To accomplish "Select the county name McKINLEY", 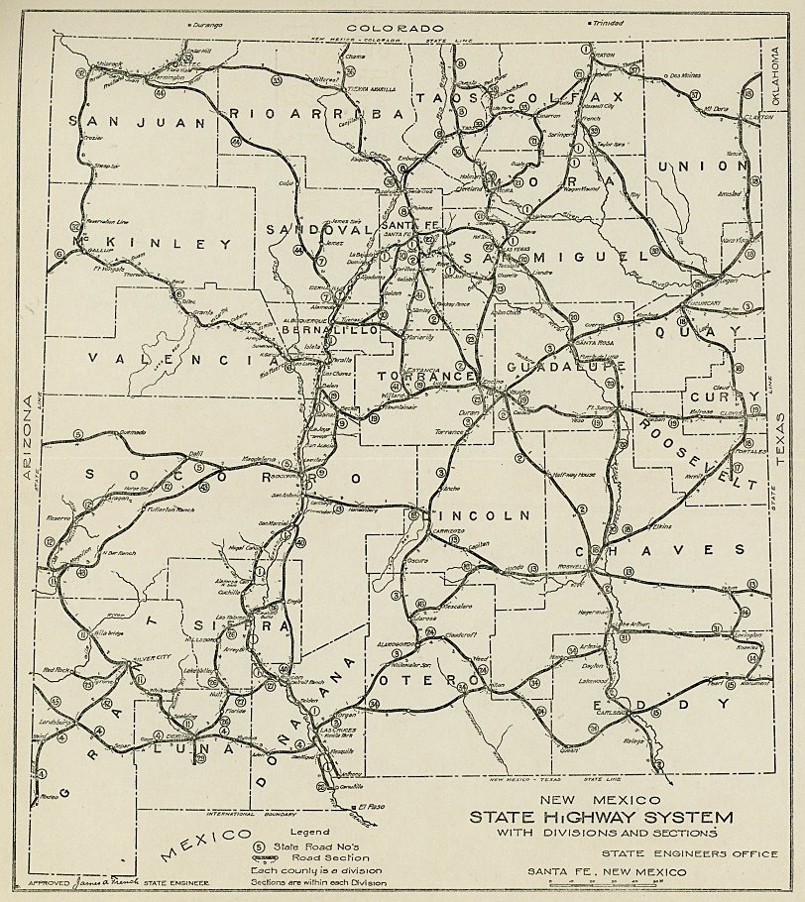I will click(150, 244).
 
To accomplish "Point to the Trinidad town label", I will click(604, 23).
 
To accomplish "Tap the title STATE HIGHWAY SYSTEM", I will click(602, 818).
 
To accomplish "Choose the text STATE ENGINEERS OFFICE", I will click(689, 853).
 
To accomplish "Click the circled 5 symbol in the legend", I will click(259, 846).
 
